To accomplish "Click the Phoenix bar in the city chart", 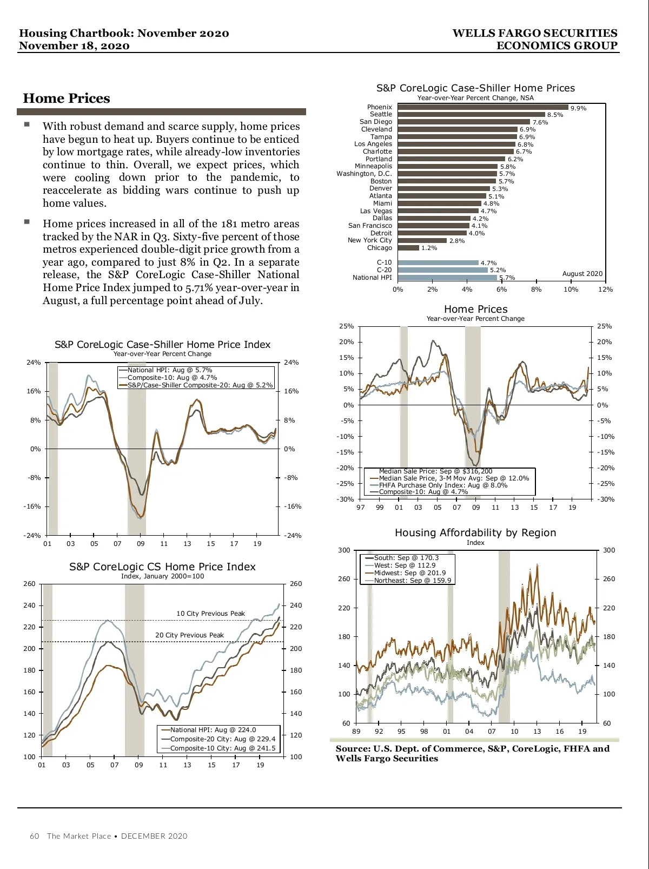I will [x=482, y=107].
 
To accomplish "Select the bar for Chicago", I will [x=408, y=248].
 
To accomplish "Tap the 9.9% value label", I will [x=578, y=108].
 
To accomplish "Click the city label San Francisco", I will [x=370, y=226].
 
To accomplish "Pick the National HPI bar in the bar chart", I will [x=447, y=278].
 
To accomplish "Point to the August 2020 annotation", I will [x=582, y=274].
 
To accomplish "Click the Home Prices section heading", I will [x=67, y=98].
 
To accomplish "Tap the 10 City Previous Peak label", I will [x=210, y=614].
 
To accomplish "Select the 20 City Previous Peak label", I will [x=189, y=635].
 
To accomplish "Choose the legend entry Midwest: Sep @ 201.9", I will [x=409, y=573].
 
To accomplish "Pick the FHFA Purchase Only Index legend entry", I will [x=443, y=485].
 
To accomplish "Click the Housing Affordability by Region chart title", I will [x=475, y=533].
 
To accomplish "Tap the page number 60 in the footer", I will [x=35, y=836].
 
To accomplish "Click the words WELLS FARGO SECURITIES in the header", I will [x=534, y=34].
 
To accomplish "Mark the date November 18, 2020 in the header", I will [x=74, y=46].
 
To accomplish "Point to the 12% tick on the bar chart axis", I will [x=605, y=289].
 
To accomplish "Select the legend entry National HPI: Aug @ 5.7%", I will [x=169, y=370].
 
